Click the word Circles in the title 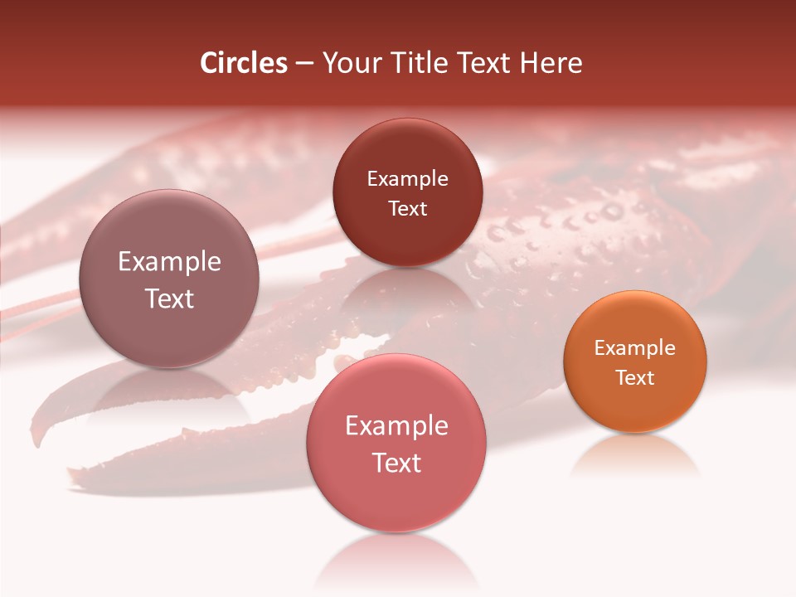[244, 63]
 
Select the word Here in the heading [551, 63]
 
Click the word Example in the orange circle [635, 348]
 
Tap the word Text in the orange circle [635, 378]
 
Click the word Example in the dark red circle [407, 179]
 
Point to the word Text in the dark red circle [407, 209]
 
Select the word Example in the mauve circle [169, 262]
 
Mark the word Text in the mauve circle [169, 298]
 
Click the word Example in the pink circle [396, 426]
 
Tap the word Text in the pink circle [396, 463]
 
